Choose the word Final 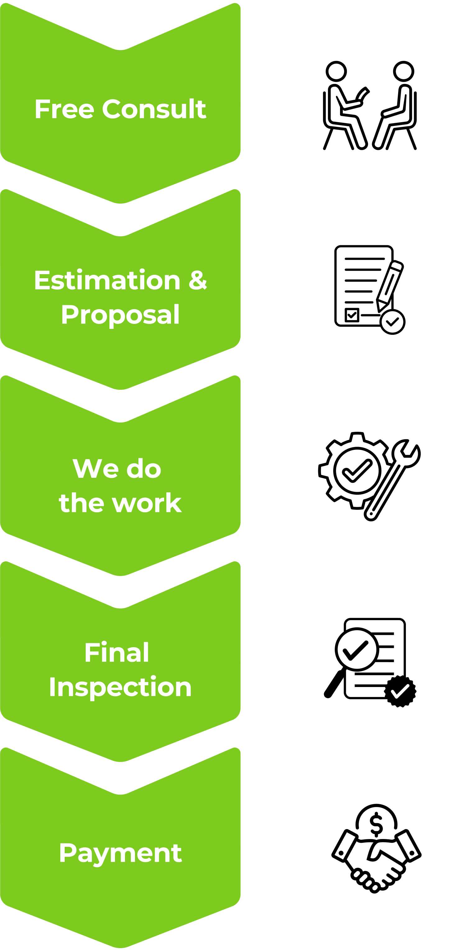click(117, 653)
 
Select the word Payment click(120, 854)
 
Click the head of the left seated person click(336, 71)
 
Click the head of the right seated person click(404, 71)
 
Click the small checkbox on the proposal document click(352, 315)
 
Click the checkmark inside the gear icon click(357, 471)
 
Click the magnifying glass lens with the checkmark click(357, 649)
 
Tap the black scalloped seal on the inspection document click(400, 691)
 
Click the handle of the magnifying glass click(335, 683)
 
